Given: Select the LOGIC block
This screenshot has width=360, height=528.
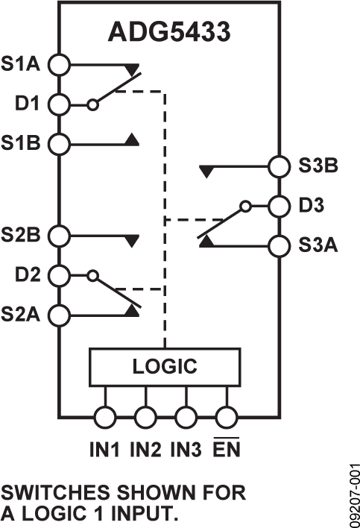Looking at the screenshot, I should click(165, 367).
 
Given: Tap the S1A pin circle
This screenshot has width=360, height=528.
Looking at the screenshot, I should click(58, 65).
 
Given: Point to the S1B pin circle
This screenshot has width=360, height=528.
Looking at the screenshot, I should click(58, 142).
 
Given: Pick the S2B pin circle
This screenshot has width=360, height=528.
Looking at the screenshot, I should click(58, 236).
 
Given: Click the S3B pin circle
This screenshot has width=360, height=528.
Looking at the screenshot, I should click(278, 166).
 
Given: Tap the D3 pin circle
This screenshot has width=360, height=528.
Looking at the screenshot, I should click(278, 205).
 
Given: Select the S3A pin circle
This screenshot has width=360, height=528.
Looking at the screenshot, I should click(278, 244).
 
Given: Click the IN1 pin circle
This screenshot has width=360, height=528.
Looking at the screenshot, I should click(105, 417).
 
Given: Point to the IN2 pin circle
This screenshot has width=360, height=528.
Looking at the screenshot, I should click(145, 417).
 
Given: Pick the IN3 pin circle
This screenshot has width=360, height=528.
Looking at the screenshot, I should click(186, 417).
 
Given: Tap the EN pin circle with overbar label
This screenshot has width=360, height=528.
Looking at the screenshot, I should click(226, 417).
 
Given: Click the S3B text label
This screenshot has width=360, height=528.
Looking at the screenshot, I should click(317, 167).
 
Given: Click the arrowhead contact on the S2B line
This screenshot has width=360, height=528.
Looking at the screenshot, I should click(132, 240).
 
